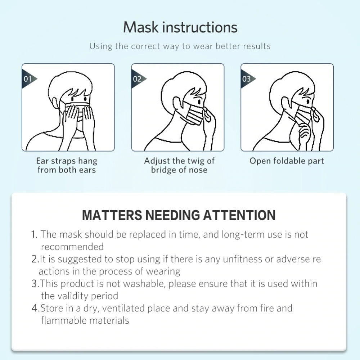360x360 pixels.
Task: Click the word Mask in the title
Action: pos(141,27)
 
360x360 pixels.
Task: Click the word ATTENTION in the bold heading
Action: pos(239,215)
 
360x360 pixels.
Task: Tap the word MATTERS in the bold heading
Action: pos(112,215)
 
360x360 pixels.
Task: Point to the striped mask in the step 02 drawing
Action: pos(195,114)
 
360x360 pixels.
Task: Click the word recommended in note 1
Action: pos(72,247)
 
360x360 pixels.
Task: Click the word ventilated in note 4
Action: pos(123,308)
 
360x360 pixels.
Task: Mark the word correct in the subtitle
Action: pos(145,46)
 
